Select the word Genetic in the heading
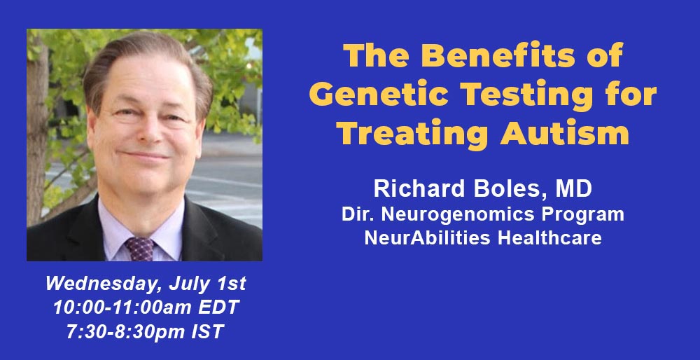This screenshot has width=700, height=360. tap(379, 95)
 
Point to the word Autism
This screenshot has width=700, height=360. tap(565, 134)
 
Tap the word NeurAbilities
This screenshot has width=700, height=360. tap(428, 237)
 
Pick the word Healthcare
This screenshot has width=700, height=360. tap(549, 237)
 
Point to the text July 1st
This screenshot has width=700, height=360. tap(208, 284)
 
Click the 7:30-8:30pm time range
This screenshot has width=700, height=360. tap(129, 332)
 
